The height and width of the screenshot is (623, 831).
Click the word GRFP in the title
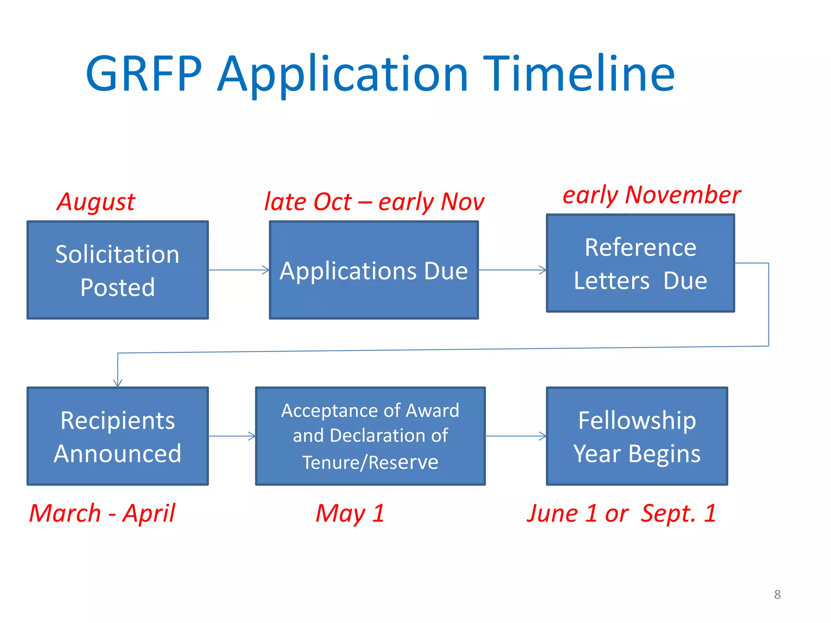click(144, 74)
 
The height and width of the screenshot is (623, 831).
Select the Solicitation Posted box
click(118, 270)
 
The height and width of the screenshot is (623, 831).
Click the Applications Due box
click(374, 270)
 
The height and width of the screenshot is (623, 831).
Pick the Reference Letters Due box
click(640, 263)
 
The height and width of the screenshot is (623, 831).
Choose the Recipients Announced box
click(118, 436)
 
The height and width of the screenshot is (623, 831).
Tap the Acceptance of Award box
click(370, 436)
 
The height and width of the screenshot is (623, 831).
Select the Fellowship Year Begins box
click(637, 436)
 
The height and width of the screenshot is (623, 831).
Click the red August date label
click(96, 202)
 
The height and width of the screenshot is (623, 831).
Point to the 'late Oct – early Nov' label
click(374, 202)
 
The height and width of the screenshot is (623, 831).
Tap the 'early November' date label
click(651, 195)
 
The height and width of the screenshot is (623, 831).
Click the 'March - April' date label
click(102, 513)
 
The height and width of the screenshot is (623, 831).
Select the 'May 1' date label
click(350, 513)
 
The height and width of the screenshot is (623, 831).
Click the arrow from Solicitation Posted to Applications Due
click(239, 270)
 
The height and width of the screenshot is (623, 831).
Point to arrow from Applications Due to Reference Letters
click(512, 270)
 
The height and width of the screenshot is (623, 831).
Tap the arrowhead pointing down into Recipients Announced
click(118, 382)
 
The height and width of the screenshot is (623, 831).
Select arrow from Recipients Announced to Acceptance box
click(232, 436)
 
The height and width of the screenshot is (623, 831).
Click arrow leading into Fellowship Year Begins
click(516, 436)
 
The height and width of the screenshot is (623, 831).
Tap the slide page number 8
click(777, 595)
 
